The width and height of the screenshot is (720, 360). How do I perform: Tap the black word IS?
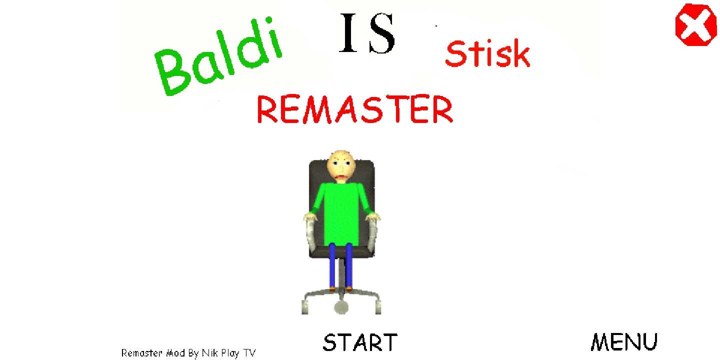click(x=367, y=33)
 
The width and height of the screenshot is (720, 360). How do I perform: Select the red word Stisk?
click(x=487, y=54)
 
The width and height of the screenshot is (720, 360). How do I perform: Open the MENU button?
click(x=624, y=342)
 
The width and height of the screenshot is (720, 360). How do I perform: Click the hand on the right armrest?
click(x=372, y=218)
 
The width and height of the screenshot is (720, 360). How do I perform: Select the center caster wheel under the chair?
click(x=341, y=306)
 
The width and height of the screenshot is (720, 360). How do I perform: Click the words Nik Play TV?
click(x=228, y=353)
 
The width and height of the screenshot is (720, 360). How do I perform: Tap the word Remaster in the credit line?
click(x=142, y=353)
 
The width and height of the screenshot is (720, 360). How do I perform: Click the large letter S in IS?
click(x=382, y=33)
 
